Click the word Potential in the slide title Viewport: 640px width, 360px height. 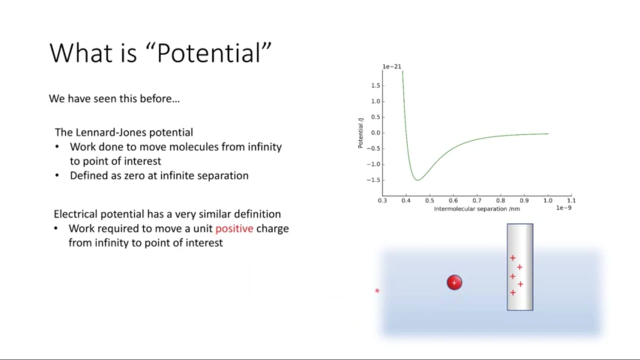coord(209,53)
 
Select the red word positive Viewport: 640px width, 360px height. coord(234,229)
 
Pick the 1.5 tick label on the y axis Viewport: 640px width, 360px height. coord(375,85)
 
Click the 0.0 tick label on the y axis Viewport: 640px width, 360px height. coord(375,133)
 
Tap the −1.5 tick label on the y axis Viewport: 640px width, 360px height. coord(373,180)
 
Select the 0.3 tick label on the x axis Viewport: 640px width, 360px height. coord(382,200)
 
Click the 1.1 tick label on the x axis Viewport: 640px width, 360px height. coord(571,200)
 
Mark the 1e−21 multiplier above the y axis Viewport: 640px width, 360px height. coord(391,66)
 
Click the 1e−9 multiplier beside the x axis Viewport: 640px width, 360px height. coord(563,207)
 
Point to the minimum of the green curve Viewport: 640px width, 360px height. coord(417,180)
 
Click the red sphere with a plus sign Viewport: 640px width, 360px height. coord(454,282)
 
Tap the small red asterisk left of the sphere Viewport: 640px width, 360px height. coord(377,291)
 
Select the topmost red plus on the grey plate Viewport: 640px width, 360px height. coord(512,258)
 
